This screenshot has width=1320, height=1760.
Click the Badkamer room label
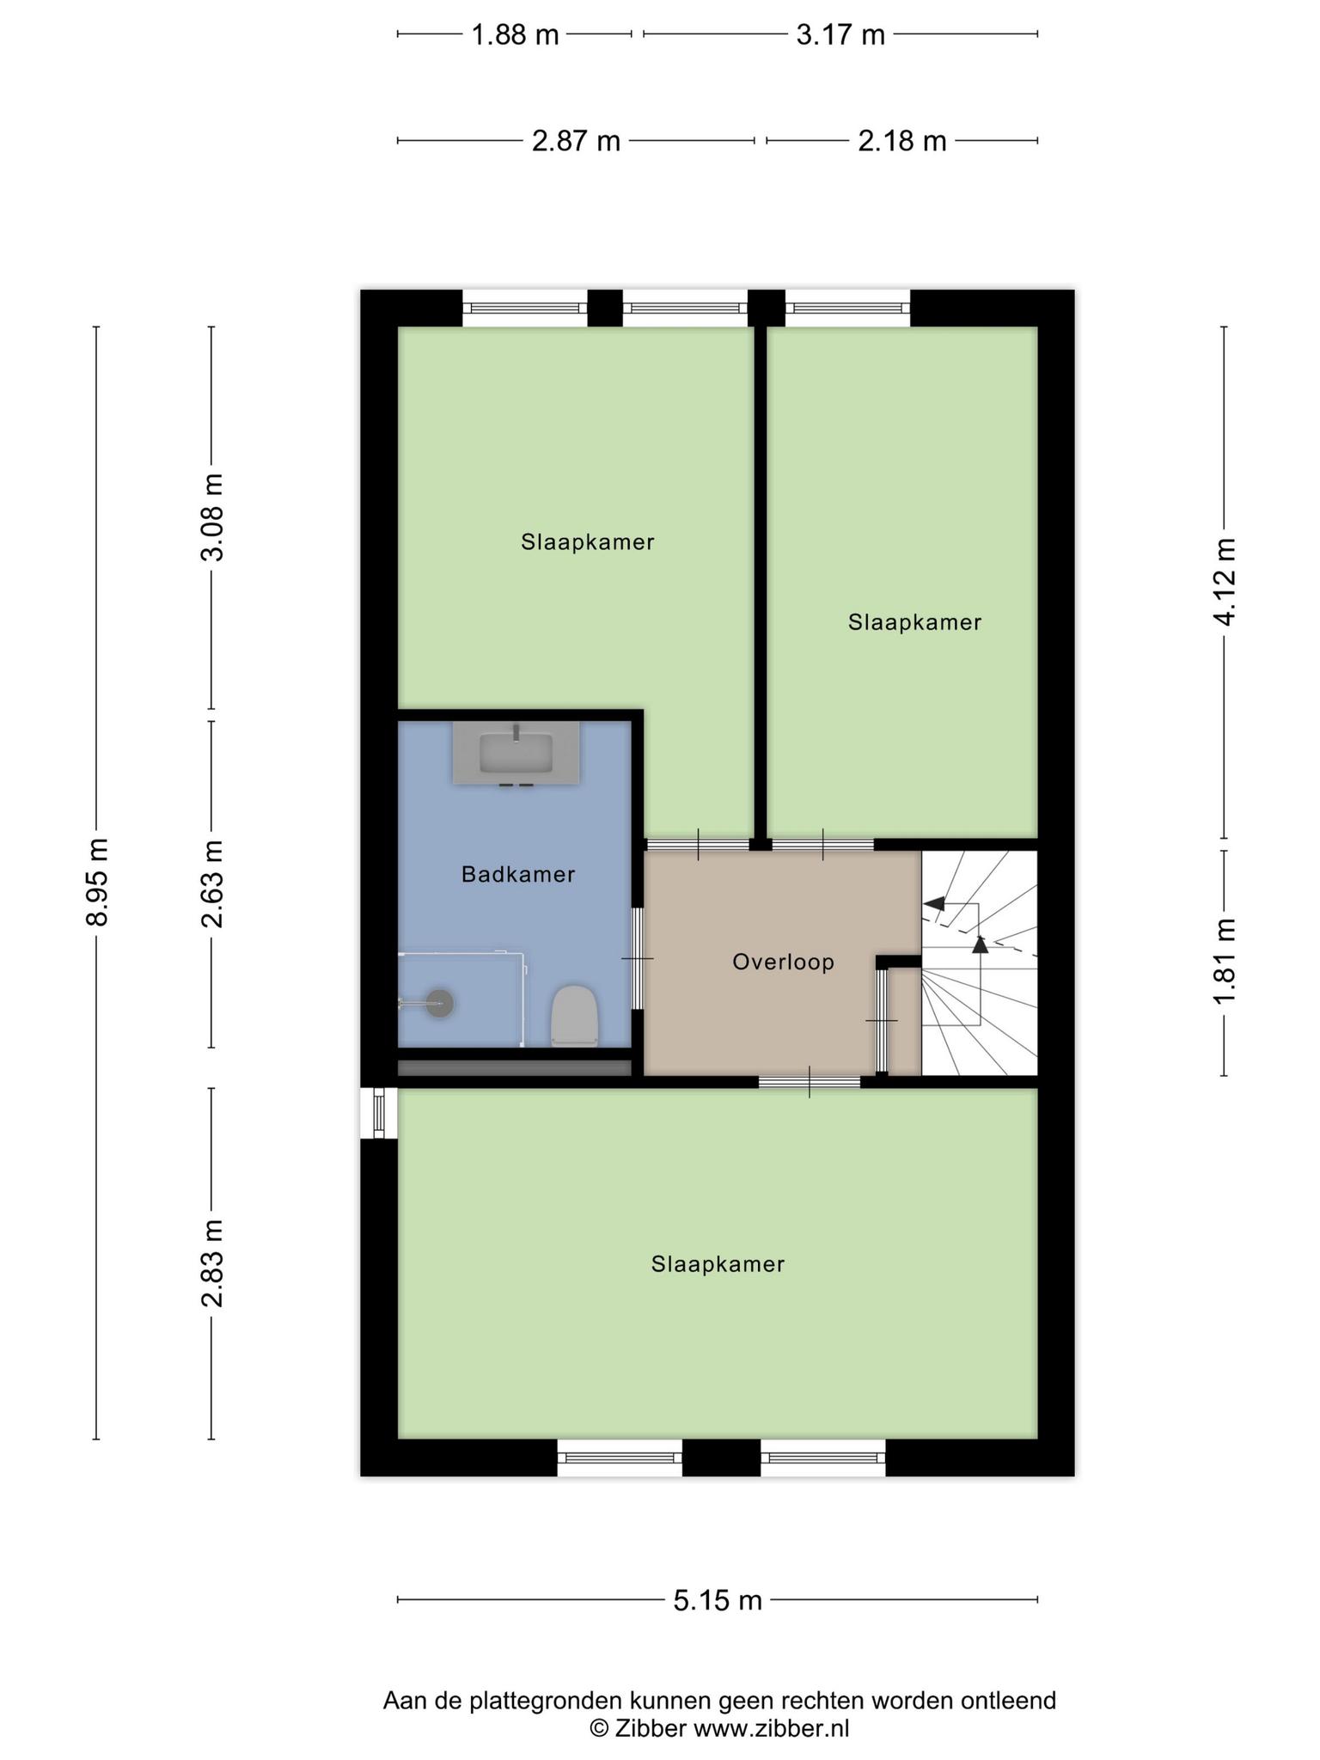coord(518,874)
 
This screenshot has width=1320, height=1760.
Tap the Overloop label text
coord(783,962)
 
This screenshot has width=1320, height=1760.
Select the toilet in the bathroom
coord(574,1016)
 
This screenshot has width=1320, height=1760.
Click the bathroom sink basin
coord(516,753)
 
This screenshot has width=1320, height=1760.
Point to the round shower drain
coord(440,1003)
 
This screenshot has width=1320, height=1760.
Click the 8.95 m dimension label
coord(97,882)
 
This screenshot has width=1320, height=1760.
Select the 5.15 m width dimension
coord(718,1600)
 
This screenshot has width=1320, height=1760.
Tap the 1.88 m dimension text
coord(515,34)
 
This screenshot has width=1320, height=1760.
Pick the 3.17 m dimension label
coord(840,34)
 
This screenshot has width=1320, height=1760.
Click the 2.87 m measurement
coord(576,140)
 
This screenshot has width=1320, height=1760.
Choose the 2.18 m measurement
coord(902,140)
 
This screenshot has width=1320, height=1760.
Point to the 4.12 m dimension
coord(1225,582)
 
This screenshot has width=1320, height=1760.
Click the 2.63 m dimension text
coord(212,884)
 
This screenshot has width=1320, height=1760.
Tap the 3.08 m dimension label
coord(212,517)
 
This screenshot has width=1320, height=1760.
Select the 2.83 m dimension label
coord(212,1263)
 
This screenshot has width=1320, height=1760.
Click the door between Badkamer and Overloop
coord(638,958)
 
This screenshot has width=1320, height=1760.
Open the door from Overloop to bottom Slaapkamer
coord(810,1082)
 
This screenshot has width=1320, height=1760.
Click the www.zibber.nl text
coord(771,1728)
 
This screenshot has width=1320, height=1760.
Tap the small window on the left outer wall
coord(379,1114)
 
